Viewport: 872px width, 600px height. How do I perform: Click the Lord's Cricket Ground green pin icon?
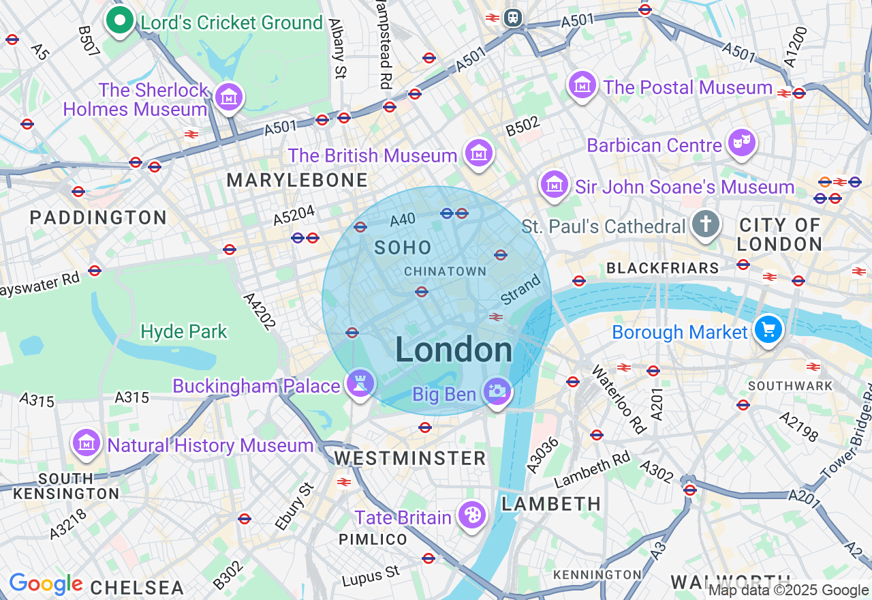click(120, 21)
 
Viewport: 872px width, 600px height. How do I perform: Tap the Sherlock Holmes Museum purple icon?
click(228, 98)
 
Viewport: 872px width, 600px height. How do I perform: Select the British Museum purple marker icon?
click(478, 154)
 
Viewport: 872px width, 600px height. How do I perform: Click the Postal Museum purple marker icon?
click(582, 86)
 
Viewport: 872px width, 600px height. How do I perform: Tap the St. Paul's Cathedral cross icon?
click(705, 224)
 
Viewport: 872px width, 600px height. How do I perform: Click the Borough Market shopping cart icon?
click(768, 331)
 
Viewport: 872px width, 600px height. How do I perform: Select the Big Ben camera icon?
click(497, 392)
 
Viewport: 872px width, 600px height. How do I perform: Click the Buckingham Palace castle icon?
click(360, 384)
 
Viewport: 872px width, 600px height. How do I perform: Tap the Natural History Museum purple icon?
click(87, 444)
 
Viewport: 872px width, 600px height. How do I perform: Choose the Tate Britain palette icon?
click(471, 516)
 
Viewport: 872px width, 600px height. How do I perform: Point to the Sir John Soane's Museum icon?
click(555, 185)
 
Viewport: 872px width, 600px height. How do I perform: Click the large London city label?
click(454, 350)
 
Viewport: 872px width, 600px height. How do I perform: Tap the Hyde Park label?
click(184, 332)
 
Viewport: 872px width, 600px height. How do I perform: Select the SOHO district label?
click(403, 248)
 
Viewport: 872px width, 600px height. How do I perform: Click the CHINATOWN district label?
click(445, 271)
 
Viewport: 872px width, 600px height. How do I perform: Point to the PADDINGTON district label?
click(98, 218)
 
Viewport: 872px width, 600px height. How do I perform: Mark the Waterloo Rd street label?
click(619, 399)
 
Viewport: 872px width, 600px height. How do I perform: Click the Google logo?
click(46, 584)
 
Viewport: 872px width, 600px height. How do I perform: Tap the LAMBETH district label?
click(551, 504)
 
